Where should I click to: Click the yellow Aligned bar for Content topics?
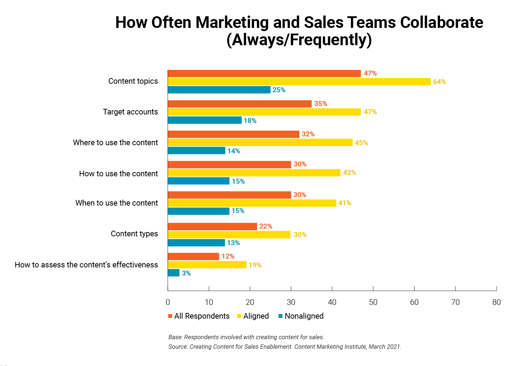299,82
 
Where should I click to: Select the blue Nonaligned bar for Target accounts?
205,120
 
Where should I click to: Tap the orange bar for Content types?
212,226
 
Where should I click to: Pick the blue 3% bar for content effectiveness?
174,273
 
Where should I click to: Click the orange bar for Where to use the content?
233,134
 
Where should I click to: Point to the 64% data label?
439,82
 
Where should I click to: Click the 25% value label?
279,90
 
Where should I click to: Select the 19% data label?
255,265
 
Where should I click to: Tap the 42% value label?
349,172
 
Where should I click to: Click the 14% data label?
234,151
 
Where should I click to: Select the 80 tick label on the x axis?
496,302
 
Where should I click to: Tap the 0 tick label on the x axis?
168,302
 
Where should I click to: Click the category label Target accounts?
130,112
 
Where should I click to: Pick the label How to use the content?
118,173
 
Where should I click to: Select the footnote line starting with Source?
285,347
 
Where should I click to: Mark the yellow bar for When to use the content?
252,203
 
